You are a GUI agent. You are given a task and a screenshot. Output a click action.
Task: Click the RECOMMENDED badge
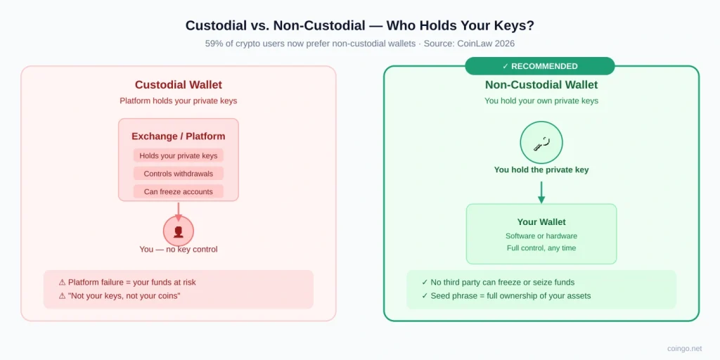point(539,66)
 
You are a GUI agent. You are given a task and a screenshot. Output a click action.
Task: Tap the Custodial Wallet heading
point(178,85)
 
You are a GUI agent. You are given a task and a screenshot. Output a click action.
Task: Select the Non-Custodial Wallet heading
point(541,85)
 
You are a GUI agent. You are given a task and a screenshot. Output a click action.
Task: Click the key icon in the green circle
point(541,143)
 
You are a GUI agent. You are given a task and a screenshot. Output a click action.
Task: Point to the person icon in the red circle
point(178,231)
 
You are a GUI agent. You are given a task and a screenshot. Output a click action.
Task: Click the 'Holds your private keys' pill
point(178,155)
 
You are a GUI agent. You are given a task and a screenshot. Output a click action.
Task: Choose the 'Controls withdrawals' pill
point(178,174)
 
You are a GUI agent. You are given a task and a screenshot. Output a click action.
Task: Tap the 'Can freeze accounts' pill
point(178,191)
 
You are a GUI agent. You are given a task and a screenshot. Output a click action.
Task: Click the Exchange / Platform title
point(178,136)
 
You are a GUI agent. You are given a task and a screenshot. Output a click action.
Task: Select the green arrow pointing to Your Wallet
point(541,193)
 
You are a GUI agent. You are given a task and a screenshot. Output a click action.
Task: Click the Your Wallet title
point(541,222)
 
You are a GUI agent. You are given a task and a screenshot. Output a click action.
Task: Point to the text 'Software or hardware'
point(541,236)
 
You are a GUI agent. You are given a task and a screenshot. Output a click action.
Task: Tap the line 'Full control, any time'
point(541,248)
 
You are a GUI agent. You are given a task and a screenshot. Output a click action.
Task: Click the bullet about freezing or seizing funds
point(499,282)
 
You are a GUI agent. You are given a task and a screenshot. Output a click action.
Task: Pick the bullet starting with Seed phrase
point(506,296)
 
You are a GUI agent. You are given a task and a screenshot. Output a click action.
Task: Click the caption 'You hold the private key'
point(541,170)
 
